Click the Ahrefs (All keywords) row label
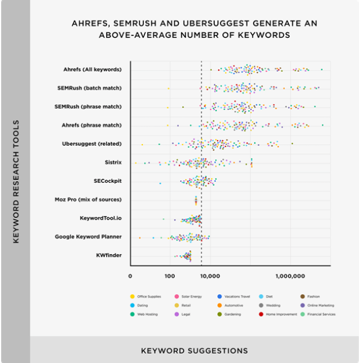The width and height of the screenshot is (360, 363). point(93,69)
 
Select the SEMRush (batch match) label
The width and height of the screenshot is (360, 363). point(89,88)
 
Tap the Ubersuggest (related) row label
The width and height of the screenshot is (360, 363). point(91,144)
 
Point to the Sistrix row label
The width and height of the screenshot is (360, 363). point(113,162)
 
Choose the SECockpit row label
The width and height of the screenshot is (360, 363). point(108,181)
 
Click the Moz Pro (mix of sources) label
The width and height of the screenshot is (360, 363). point(88,200)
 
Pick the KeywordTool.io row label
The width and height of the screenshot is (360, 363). point(101,218)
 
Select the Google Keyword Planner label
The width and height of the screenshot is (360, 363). point(88,237)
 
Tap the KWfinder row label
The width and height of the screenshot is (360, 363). point(109,255)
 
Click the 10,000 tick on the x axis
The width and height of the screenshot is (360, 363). point(210,276)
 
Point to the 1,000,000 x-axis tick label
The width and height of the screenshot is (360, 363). point(290,276)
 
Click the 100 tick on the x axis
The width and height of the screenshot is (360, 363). point(170,276)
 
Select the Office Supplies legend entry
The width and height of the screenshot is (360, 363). point(146,296)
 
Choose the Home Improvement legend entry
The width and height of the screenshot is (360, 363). point(278,314)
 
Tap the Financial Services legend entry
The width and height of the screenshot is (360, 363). point(318,314)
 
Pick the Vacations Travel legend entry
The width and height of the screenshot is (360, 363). point(234,296)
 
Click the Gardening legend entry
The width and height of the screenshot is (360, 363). point(229,314)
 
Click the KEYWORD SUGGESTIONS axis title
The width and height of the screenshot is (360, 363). point(194,351)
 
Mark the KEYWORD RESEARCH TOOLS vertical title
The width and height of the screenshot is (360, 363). point(16,182)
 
